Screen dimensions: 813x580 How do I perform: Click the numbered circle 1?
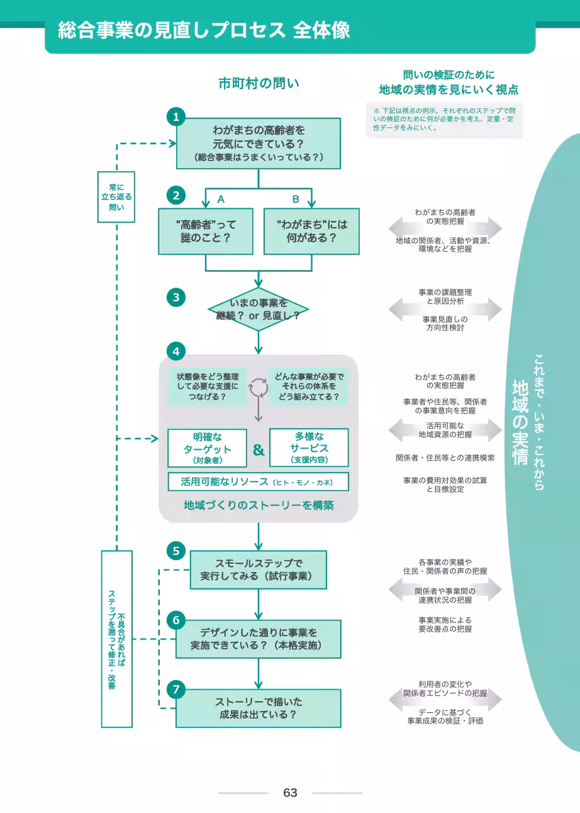tap(176, 116)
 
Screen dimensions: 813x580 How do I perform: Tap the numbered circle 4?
tap(176, 351)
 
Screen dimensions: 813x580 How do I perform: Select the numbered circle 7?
tap(176, 689)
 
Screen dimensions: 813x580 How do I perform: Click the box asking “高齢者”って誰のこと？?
tap(206, 232)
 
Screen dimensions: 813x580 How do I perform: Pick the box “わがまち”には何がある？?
tap(311, 232)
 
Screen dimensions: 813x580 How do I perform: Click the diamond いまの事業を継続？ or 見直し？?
tap(258, 310)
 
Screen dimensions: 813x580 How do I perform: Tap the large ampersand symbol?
tap(259, 450)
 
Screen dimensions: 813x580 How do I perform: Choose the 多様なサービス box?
tap(309, 447)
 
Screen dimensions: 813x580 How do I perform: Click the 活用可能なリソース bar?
tap(258, 482)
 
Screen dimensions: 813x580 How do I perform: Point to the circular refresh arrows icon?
tap(259, 388)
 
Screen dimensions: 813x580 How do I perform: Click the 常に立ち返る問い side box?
tap(116, 197)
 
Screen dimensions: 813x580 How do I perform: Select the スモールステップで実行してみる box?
tap(259, 569)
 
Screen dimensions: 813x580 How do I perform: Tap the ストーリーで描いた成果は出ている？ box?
tap(259, 708)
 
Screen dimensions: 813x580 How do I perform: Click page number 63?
tap(290, 793)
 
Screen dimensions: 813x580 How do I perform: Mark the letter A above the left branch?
tap(221, 199)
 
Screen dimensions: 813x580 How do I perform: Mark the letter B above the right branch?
tap(296, 199)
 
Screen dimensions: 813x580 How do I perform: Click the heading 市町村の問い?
tap(259, 84)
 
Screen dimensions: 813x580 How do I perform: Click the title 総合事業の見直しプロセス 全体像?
tap(204, 30)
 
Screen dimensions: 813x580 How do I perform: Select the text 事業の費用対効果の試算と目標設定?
tap(445, 485)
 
